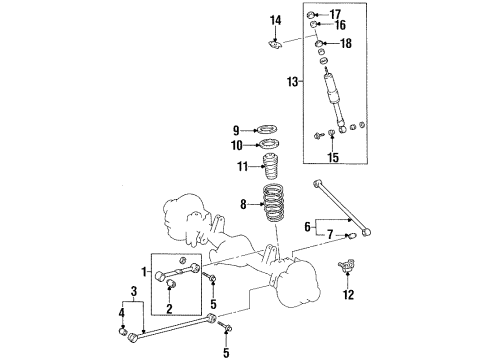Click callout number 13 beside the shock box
(x=290, y=80)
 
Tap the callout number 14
(x=276, y=20)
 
